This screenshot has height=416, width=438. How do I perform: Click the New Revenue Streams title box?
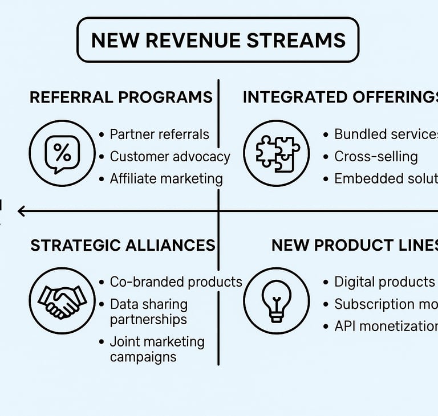pyautogui.click(x=218, y=40)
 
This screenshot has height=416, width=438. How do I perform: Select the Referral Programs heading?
pyautogui.click(x=121, y=97)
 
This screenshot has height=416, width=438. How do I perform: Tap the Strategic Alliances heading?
pyautogui.click(x=123, y=246)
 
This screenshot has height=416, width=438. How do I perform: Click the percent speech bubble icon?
pyautogui.click(x=62, y=153)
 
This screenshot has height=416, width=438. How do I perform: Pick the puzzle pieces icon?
pyautogui.click(x=277, y=153)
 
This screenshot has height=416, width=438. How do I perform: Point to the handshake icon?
pyautogui.click(x=62, y=300)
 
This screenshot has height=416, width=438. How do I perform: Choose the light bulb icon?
pyautogui.click(x=277, y=300)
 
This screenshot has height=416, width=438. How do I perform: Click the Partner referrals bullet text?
pyautogui.click(x=159, y=134)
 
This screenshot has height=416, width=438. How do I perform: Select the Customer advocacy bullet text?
pyautogui.click(x=170, y=157)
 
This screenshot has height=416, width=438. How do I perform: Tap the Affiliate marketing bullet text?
pyautogui.click(x=166, y=179)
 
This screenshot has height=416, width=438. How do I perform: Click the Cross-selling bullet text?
pyautogui.click(x=376, y=157)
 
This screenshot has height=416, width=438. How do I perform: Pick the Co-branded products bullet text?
pyautogui.click(x=176, y=282)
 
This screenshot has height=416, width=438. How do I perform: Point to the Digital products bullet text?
pyautogui.click(x=384, y=282)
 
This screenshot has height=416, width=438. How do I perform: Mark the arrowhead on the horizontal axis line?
pyautogui.click(x=21, y=211)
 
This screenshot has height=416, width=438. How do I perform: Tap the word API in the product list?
pyautogui.click(x=346, y=327)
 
